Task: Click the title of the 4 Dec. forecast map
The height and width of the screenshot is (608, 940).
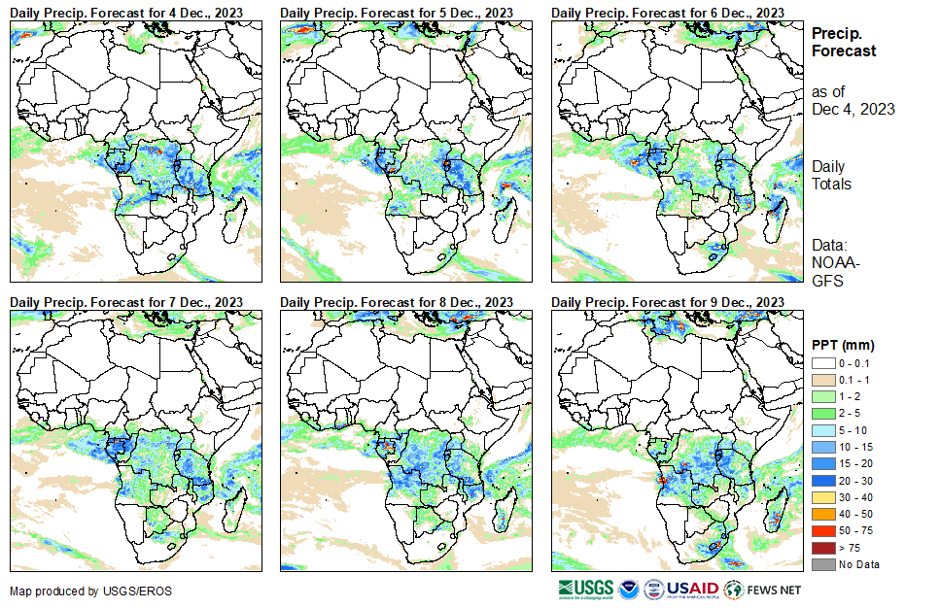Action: coord(126,12)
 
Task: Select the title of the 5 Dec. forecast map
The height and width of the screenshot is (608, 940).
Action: coord(397,12)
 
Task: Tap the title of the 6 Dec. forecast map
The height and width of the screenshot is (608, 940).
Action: coord(667,12)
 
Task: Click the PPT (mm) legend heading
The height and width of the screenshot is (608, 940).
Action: coord(843,345)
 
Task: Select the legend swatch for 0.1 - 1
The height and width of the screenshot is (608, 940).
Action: coord(823,379)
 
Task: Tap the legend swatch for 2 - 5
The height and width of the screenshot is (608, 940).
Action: coord(823,413)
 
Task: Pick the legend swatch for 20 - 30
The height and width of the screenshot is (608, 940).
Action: coord(823,480)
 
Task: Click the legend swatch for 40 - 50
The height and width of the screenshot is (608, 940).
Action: coord(823,514)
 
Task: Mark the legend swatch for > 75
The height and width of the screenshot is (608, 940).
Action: coord(823,548)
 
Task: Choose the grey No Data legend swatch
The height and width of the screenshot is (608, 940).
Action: coord(823,564)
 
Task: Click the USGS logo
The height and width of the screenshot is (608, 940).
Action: coord(586,589)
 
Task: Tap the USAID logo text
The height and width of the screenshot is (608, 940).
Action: coord(692,589)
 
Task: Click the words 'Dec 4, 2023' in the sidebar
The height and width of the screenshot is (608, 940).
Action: coord(853,109)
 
